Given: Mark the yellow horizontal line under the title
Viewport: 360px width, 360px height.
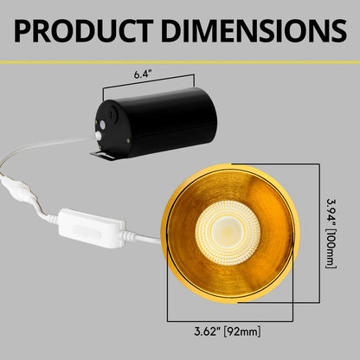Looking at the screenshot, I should tap(180, 61).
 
